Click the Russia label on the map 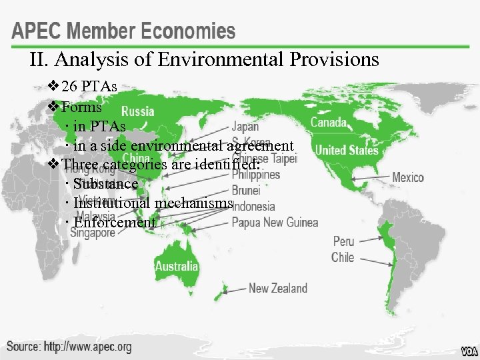coord(138,111)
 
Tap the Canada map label coord(329,122)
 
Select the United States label coord(346,150)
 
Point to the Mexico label coord(407,177)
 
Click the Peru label coord(343,241)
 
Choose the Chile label coord(343,257)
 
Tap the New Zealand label coord(278,288)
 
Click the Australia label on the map coord(177,266)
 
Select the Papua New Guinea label coord(275,222)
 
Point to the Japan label coord(245,126)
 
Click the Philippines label coord(256,175)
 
